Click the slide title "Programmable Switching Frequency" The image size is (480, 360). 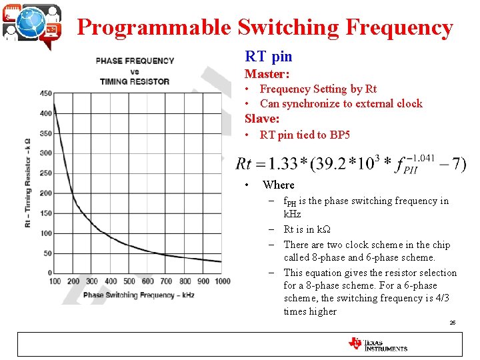265,27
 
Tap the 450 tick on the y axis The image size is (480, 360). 45,93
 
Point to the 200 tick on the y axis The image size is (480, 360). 45,193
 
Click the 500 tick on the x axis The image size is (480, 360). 129,281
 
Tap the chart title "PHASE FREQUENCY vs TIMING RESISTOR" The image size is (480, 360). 135,71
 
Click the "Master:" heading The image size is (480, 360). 267,74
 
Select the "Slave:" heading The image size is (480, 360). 262,119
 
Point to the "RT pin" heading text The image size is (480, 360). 269,57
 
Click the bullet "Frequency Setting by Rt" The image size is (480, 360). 318,89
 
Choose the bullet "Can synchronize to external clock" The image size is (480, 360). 341,103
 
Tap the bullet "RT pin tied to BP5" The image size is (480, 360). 305,135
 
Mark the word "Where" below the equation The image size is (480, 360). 278,185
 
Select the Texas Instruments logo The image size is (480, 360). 377,344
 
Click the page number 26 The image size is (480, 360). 452,322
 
